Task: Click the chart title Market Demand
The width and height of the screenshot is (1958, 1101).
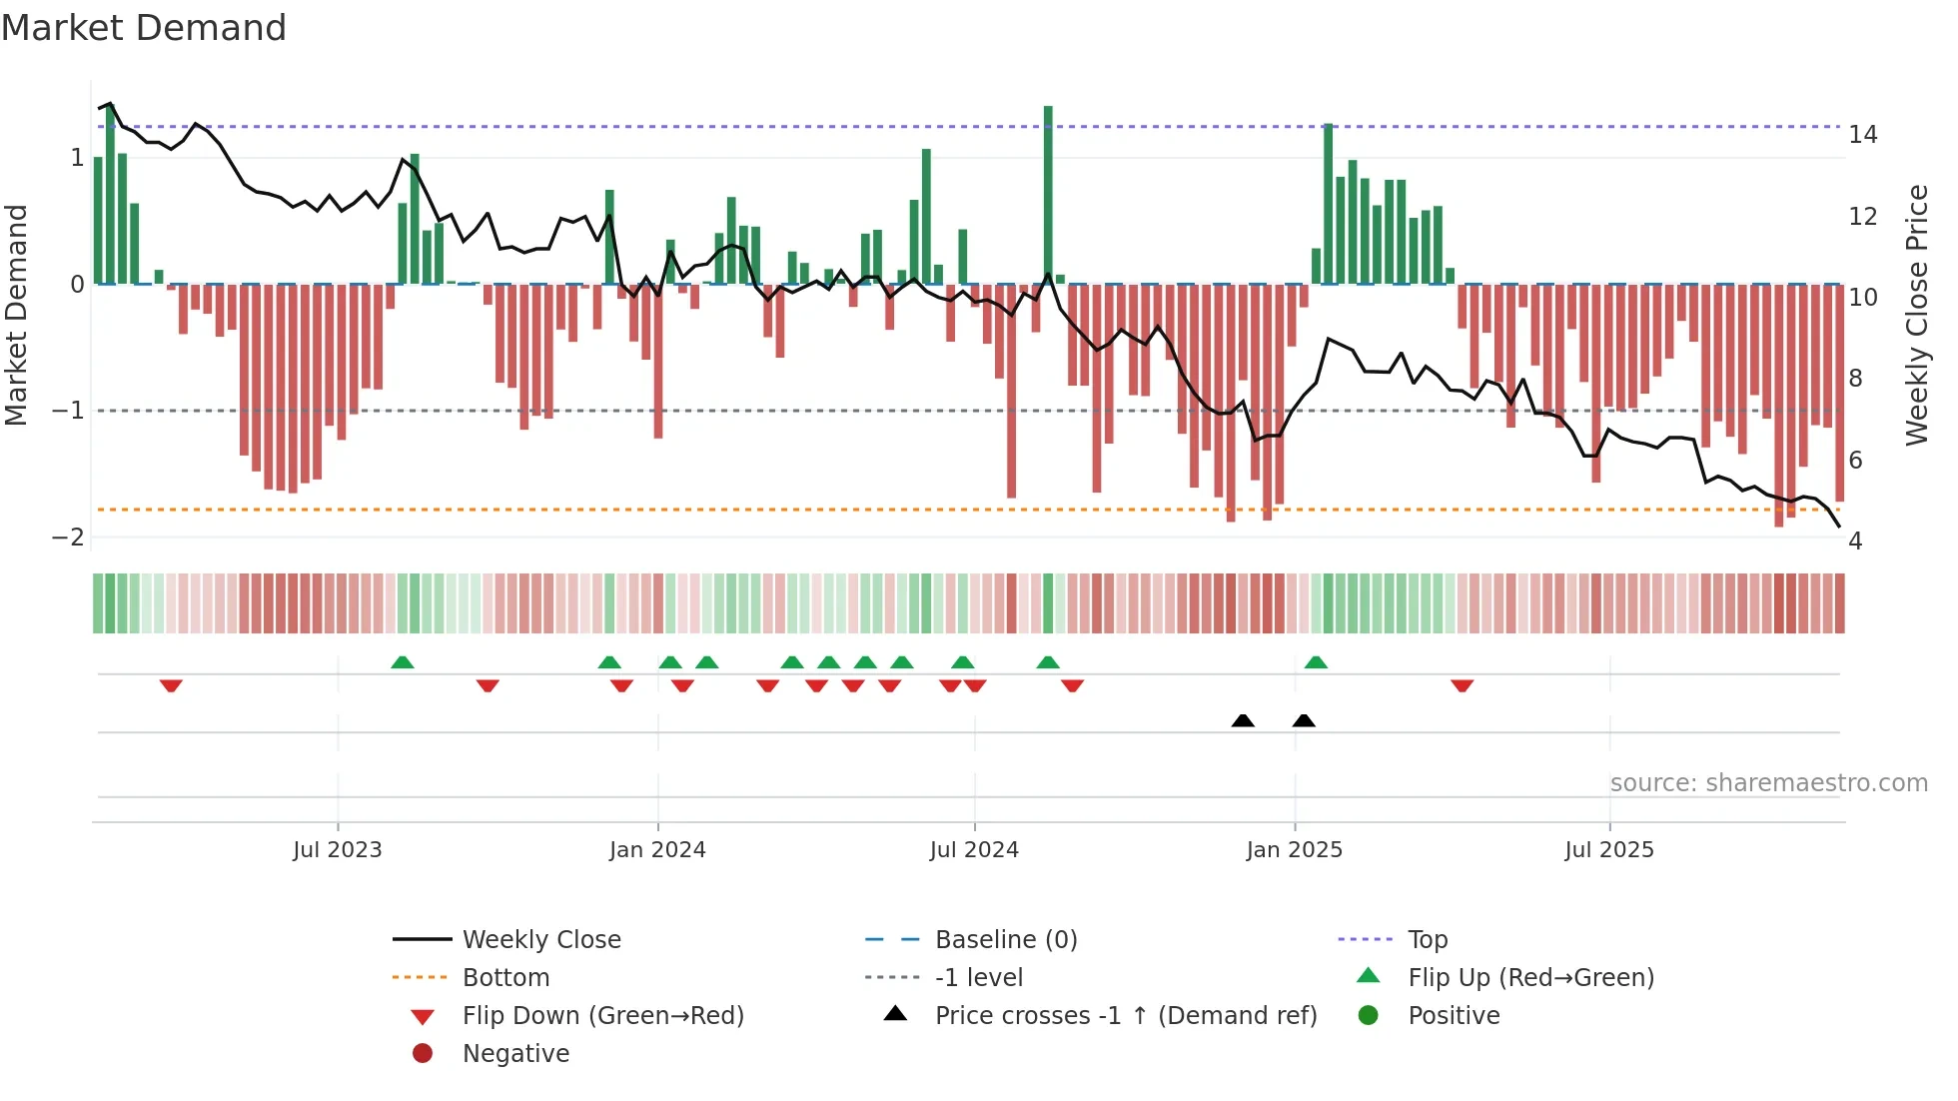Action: click(x=144, y=28)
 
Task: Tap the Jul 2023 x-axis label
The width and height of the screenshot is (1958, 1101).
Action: click(x=337, y=850)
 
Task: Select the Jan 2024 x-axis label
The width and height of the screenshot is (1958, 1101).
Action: click(x=657, y=850)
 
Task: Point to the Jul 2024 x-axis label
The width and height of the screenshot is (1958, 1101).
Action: click(x=974, y=850)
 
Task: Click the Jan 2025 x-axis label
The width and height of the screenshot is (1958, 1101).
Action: click(x=1294, y=850)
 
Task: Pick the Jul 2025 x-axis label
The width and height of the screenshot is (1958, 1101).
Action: click(x=1609, y=850)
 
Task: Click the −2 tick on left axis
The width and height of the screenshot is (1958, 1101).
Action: click(x=69, y=538)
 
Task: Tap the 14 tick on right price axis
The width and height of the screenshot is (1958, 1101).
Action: click(x=1862, y=135)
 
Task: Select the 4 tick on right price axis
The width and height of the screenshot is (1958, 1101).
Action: click(x=1855, y=542)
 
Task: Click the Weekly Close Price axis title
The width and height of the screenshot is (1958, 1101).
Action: click(x=1916, y=315)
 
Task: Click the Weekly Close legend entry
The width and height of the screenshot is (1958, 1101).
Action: click(x=540, y=940)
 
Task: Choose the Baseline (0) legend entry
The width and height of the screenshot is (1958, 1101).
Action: click(x=1005, y=940)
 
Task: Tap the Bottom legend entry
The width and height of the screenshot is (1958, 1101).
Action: click(x=505, y=978)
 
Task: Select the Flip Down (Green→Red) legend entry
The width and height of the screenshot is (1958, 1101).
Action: click(x=602, y=1016)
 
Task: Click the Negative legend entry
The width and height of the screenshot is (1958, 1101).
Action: click(x=515, y=1054)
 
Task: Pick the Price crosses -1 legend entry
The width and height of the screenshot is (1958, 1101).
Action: click(x=1125, y=1016)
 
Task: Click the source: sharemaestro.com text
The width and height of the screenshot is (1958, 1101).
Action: click(x=1768, y=783)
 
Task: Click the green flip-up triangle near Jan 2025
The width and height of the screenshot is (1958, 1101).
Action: click(x=1316, y=663)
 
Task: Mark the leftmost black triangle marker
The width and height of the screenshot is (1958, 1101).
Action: click(x=1243, y=721)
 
